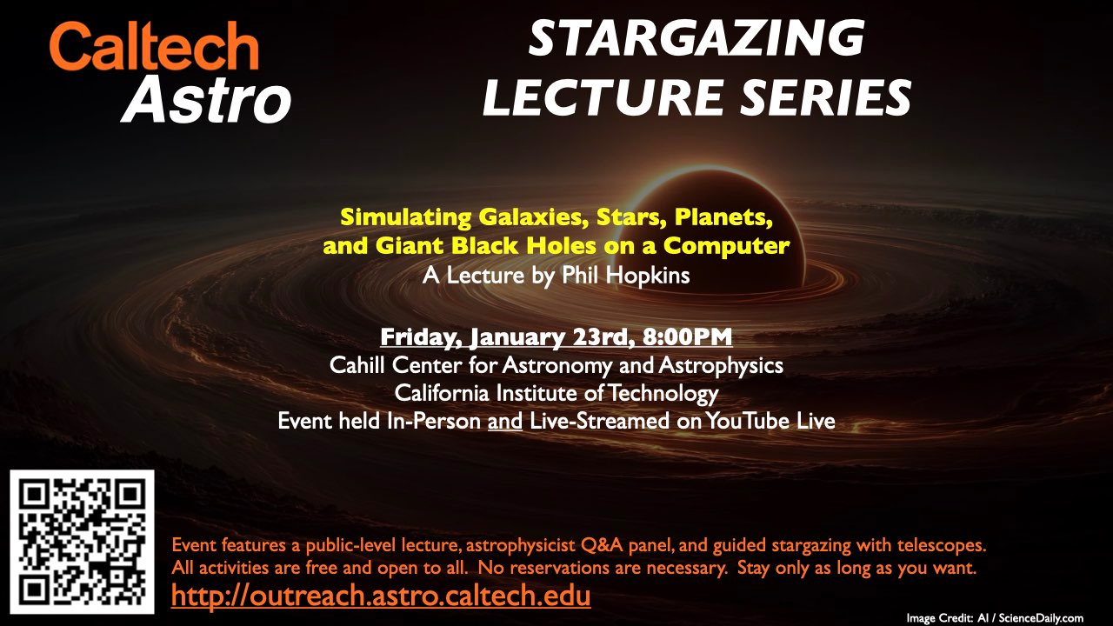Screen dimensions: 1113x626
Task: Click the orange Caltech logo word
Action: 154,46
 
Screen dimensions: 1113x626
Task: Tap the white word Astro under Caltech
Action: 206,99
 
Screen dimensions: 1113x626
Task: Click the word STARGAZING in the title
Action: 696,39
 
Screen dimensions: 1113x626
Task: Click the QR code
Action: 82,542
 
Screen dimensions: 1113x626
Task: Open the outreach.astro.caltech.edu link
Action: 381,596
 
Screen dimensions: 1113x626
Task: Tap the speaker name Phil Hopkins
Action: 625,276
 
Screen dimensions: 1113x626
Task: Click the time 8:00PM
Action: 687,336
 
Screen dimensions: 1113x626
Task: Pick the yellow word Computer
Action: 726,246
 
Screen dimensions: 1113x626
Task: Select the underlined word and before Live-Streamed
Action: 505,422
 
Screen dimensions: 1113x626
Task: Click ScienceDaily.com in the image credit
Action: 1041,618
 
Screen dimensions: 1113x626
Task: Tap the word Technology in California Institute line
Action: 663,394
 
